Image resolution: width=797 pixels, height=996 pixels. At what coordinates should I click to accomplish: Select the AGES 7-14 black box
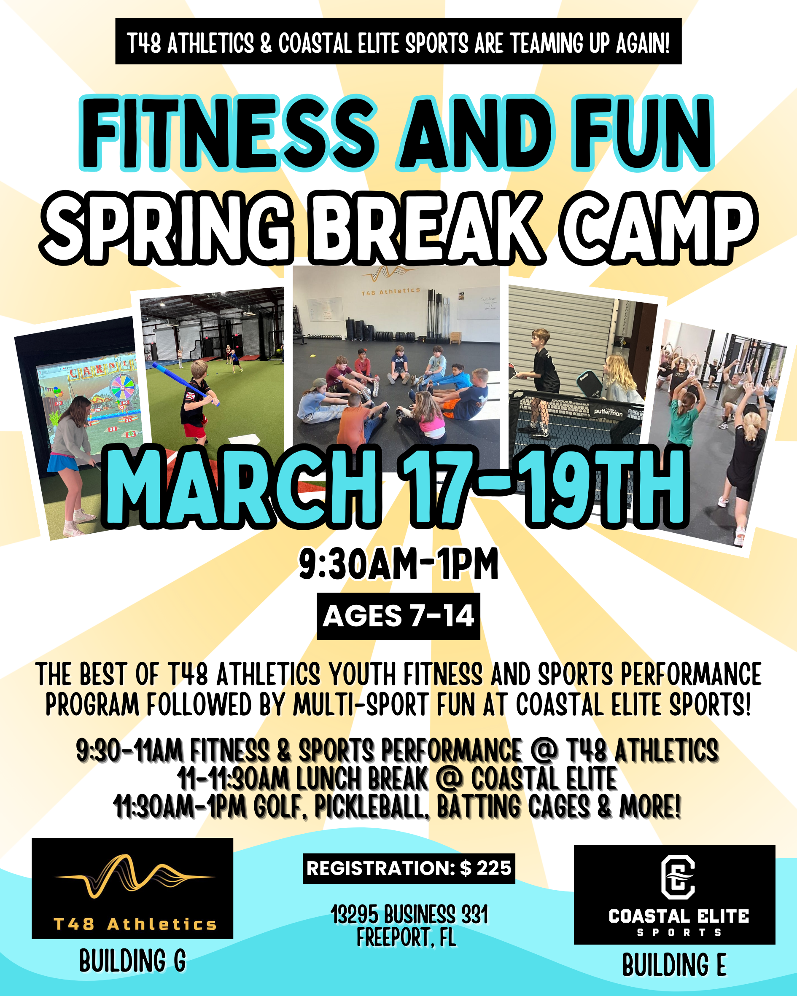(x=398, y=616)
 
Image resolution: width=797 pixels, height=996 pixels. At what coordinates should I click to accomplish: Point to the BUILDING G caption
(x=132, y=962)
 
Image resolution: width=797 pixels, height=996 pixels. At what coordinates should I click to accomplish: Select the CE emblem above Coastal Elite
(x=677, y=877)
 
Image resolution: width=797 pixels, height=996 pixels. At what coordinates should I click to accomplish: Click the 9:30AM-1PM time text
(x=398, y=564)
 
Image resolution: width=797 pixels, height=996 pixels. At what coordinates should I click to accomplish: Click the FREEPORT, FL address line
(x=407, y=938)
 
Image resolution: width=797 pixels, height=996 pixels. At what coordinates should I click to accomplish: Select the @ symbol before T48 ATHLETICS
(x=544, y=750)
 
